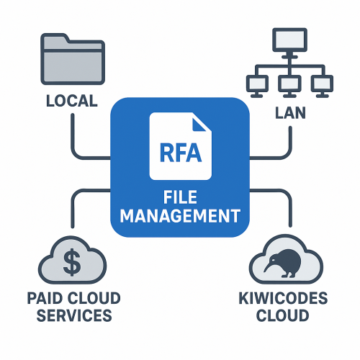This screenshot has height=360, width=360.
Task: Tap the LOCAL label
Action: (71, 101)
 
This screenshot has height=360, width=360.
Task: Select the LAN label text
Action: (287, 112)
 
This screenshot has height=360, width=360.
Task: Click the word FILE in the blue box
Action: (180, 197)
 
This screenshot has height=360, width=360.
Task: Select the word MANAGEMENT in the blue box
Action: (180, 215)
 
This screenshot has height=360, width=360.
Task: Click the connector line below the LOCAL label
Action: (73, 133)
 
